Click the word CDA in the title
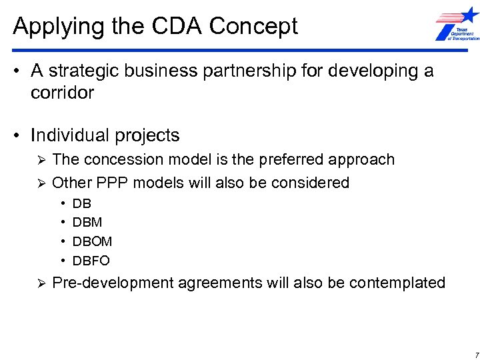[176, 26]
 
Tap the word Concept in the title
[253, 27]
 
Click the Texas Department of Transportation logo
[456, 25]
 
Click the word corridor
[62, 93]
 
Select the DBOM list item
[92, 241]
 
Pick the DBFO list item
[91, 261]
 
